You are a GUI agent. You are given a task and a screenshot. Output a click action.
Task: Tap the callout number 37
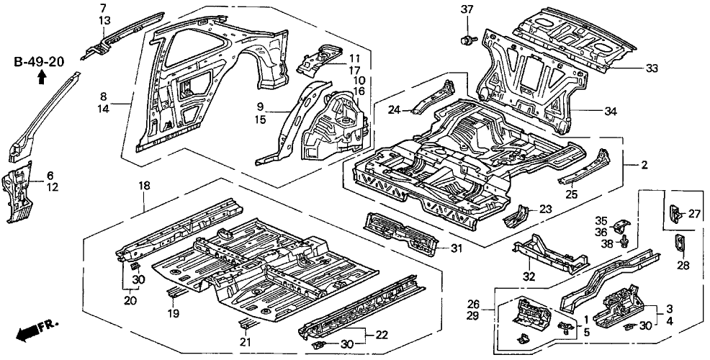[x=467, y=9]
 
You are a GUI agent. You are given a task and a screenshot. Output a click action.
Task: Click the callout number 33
[x=651, y=68]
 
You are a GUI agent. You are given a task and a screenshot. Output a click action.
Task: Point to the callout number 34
[x=610, y=111]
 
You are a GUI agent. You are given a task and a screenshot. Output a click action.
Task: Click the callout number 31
[x=456, y=249]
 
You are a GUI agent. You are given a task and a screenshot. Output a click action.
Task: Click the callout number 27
[x=694, y=213]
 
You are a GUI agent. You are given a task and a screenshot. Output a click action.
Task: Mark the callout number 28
[x=683, y=266]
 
